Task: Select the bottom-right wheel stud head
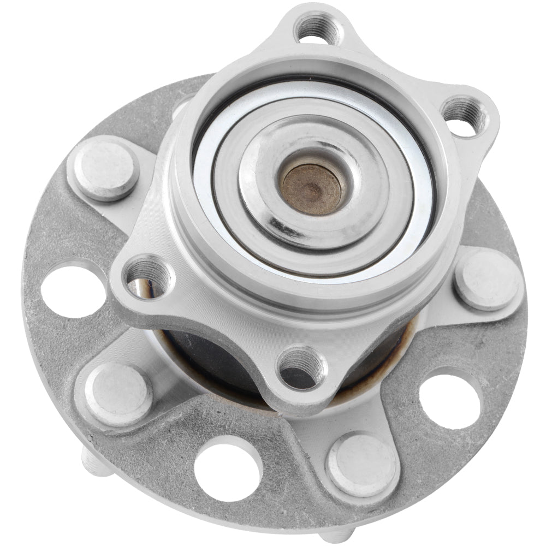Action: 361,464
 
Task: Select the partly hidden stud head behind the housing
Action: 183,106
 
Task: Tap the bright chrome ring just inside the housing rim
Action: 415,218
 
